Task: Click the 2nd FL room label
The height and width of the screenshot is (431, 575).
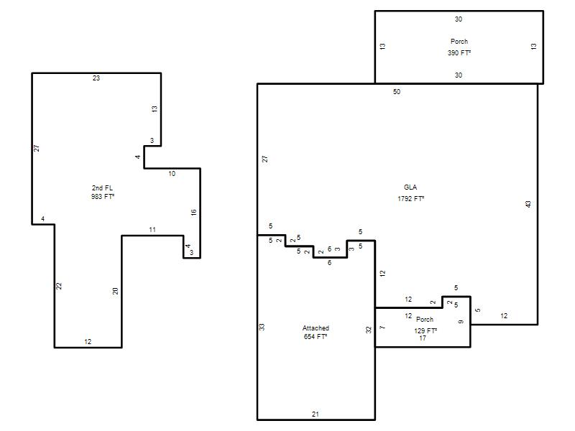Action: click(102, 188)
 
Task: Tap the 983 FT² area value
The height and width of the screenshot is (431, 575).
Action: click(103, 196)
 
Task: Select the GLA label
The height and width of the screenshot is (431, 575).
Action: click(410, 187)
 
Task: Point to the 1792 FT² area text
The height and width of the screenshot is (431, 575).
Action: click(410, 199)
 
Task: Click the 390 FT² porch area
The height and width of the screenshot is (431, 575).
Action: click(459, 52)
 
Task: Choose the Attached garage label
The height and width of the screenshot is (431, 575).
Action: click(316, 328)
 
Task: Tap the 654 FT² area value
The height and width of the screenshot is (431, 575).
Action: click(316, 336)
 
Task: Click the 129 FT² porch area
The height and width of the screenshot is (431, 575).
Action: click(425, 330)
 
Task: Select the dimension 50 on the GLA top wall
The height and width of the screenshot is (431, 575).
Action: click(397, 92)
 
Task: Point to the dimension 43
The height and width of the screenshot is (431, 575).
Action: click(528, 204)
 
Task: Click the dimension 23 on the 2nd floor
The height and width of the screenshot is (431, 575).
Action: click(96, 78)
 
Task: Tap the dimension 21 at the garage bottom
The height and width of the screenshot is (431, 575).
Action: click(316, 414)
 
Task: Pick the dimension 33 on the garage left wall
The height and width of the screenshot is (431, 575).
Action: click(262, 327)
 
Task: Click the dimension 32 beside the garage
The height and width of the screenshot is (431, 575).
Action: click(369, 330)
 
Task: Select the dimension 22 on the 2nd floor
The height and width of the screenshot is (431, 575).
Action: click(59, 286)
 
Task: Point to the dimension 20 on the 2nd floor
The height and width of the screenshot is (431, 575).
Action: click(116, 292)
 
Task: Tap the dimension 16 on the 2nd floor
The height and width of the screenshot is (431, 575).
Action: click(193, 212)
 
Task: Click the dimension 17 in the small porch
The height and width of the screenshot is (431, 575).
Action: click(423, 338)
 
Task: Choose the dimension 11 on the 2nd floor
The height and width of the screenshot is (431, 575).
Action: click(152, 230)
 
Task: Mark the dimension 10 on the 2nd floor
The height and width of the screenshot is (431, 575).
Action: click(172, 174)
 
